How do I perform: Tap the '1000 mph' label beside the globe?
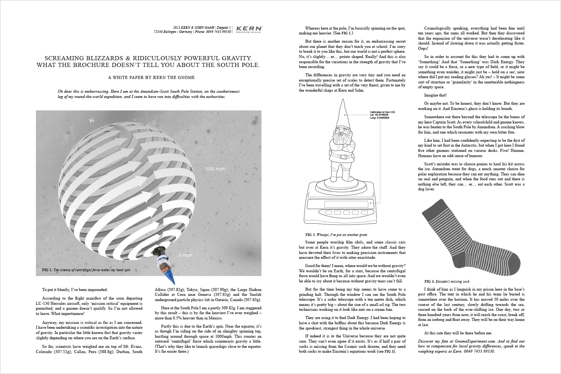click(x=215, y=169)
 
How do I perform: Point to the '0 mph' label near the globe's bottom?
click(x=185, y=255)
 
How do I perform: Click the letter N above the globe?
click(x=91, y=121)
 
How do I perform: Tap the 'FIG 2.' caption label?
click(x=310, y=234)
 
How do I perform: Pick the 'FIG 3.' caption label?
click(x=430, y=281)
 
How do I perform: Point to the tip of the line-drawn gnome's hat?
click(x=343, y=102)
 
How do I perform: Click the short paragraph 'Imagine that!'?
click(x=435, y=95)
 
